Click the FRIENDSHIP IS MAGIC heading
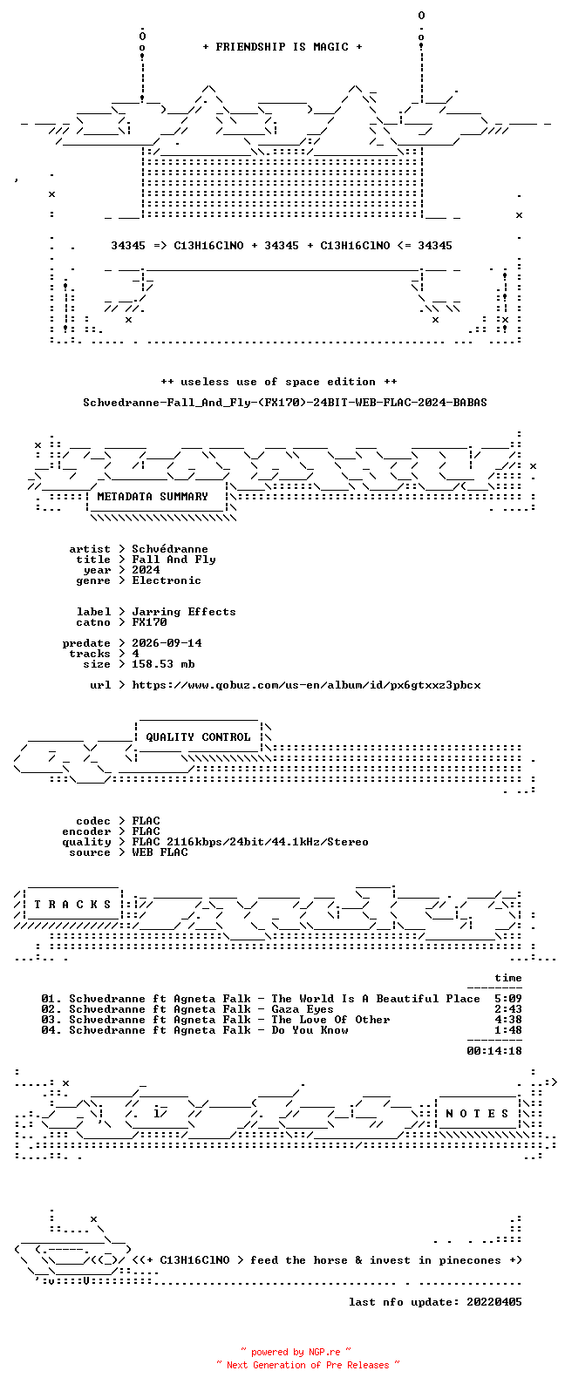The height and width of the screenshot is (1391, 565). (282, 47)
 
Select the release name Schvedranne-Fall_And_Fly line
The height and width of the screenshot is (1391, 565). (284, 403)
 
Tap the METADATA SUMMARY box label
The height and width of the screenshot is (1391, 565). (153, 497)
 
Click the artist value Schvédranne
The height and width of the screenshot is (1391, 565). (170, 549)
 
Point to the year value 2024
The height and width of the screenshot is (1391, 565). (146, 570)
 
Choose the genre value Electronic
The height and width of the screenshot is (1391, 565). (167, 580)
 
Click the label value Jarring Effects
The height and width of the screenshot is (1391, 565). (183, 612)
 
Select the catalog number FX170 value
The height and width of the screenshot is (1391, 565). (149, 622)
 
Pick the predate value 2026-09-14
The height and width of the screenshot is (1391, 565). (167, 643)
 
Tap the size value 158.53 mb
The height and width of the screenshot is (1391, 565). (163, 664)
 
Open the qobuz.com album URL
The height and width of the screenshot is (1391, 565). (306, 685)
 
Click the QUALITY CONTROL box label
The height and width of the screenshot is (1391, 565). (198, 737)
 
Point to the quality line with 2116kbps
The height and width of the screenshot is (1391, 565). (250, 842)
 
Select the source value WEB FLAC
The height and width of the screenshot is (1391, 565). (160, 852)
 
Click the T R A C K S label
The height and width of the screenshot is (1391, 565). (72, 905)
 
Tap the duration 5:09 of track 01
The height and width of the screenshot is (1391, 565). (507, 999)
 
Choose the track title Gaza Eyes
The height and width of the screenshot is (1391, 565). (302, 1009)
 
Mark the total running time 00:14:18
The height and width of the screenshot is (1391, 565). (494, 1051)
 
